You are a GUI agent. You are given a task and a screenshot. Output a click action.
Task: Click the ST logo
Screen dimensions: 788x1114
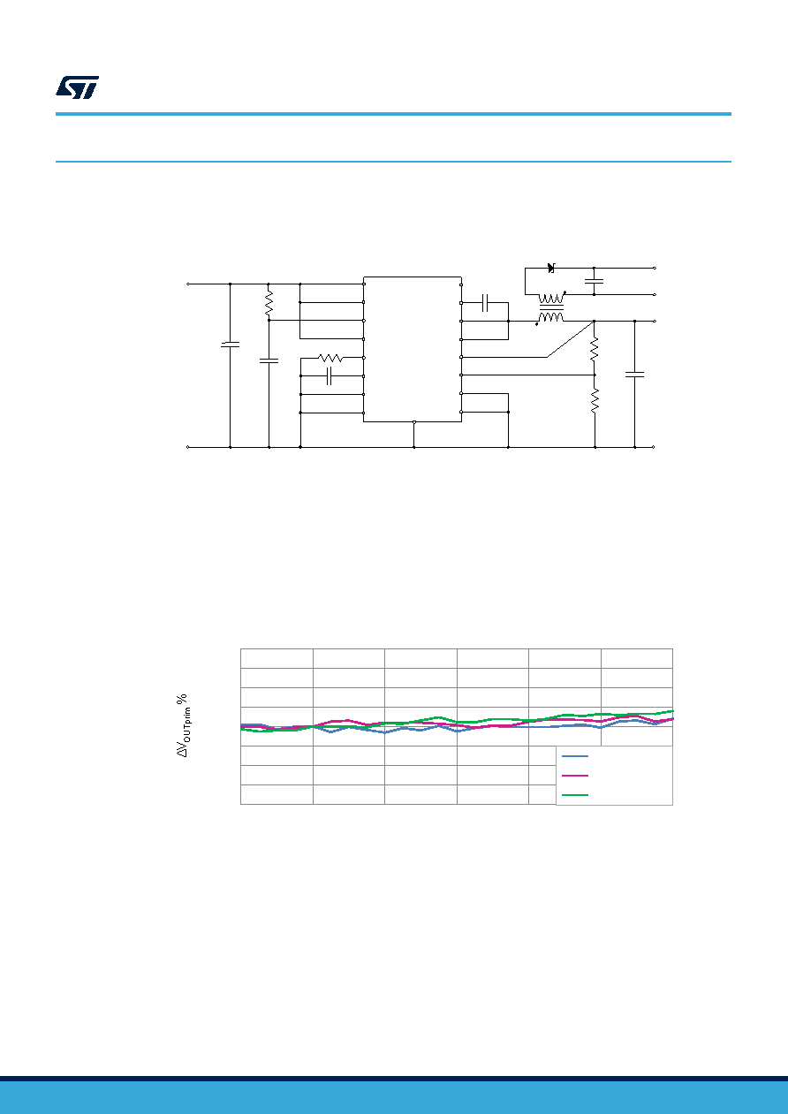point(77,87)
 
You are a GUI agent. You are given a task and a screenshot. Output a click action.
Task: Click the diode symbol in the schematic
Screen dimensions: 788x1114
point(551,268)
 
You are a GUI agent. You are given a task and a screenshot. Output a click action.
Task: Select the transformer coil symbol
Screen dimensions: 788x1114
point(551,308)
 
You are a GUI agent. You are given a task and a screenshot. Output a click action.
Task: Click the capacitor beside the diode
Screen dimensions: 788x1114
point(595,282)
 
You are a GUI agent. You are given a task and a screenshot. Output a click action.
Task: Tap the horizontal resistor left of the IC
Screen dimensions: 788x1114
point(330,358)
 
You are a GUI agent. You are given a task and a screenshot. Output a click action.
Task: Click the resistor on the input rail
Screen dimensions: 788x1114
point(269,303)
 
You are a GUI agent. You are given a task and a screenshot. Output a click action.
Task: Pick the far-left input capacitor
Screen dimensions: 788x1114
point(231,345)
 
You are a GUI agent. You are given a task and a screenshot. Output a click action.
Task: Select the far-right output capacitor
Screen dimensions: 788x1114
point(635,375)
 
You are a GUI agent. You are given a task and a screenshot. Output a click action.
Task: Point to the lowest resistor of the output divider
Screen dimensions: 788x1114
point(595,400)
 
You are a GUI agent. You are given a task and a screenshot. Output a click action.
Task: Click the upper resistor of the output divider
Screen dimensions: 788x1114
point(595,349)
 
